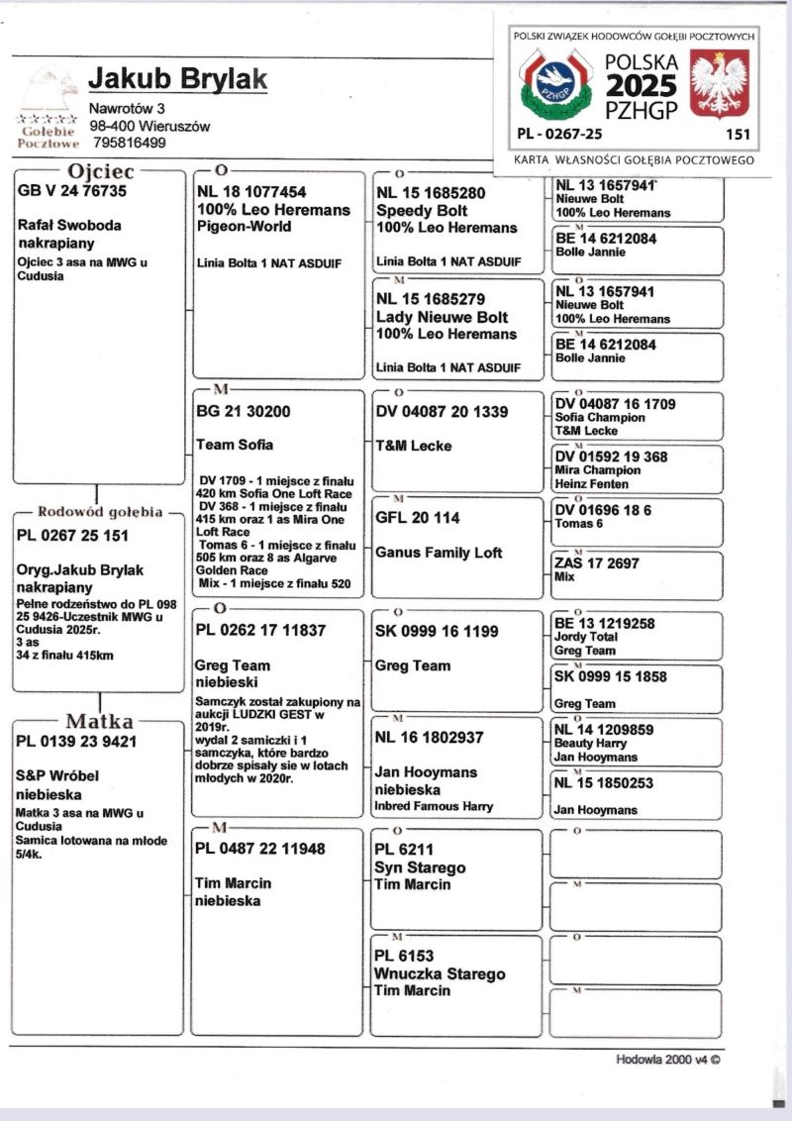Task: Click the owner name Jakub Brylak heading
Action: [x=177, y=78]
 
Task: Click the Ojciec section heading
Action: [x=100, y=172]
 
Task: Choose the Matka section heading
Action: [x=99, y=721]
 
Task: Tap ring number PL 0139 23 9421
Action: [x=76, y=741]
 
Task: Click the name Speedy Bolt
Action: [x=422, y=211]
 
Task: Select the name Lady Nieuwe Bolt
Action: [x=442, y=317]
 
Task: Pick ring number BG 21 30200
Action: [x=243, y=411]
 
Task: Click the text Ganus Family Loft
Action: [x=439, y=553]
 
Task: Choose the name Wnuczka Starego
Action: [x=440, y=974]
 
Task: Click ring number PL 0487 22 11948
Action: [x=259, y=849]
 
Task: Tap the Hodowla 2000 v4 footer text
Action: [x=668, y=1059]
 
